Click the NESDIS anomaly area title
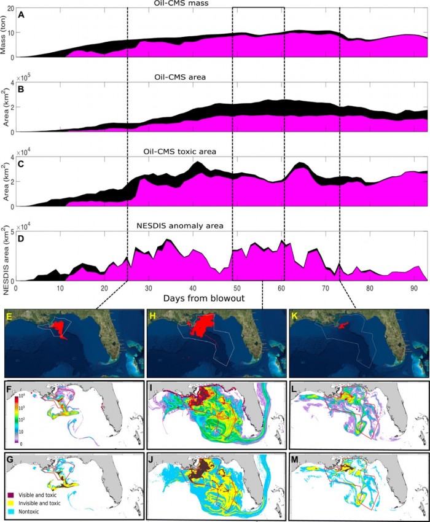[179, 226]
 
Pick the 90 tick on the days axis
[414, 286]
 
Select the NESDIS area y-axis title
[4, 255]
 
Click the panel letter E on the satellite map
[9, 316]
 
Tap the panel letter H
[151, 316]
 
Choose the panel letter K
[295, 316]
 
